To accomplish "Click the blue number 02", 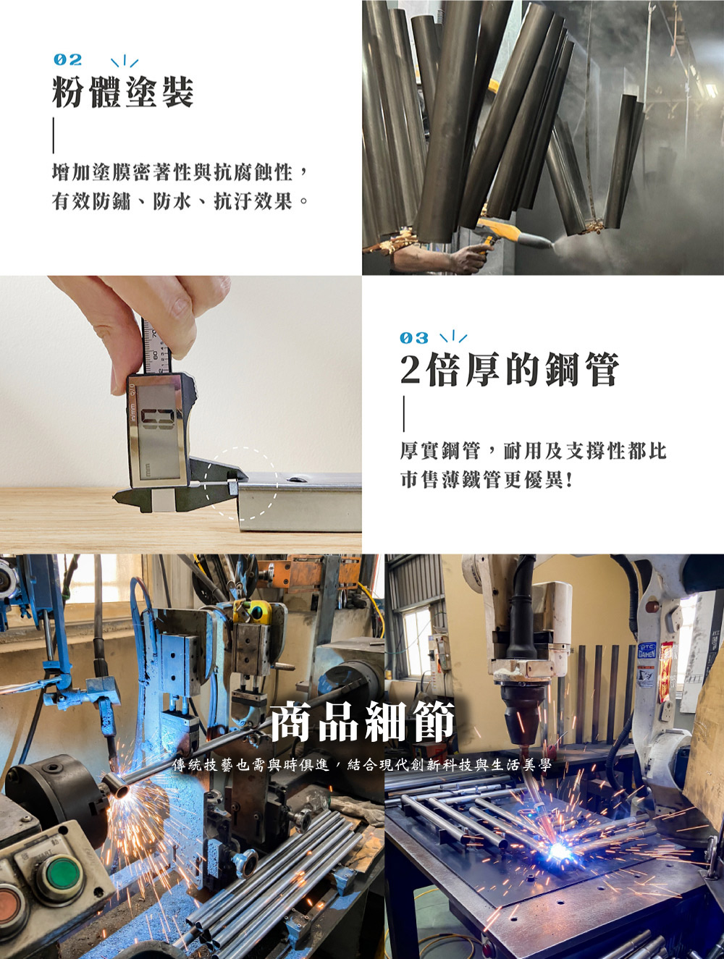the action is coord(67,60).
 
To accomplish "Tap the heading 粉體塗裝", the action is coord(123,92).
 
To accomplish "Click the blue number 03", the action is coord(414,338).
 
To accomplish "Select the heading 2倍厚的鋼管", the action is coord(510,370).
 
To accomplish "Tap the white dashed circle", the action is coord(241,483).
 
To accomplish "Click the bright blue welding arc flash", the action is coord(559,850).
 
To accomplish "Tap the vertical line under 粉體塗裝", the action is coord(54,135).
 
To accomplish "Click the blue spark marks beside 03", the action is coord(453,337).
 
